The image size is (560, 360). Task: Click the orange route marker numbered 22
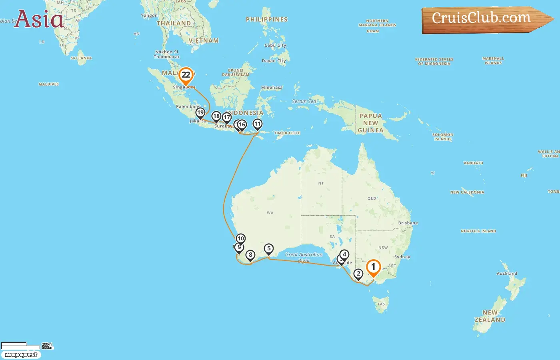[186, 75]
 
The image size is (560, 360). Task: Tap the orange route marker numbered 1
[373, 267]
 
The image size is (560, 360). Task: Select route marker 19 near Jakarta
[200, 113]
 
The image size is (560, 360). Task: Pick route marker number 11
[258, 124]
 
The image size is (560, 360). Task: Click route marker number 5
[269, 249]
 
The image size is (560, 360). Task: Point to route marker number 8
[250, 255]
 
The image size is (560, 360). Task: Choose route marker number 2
[358, 274]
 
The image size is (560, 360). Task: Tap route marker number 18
[216, 116]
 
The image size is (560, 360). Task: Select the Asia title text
[38, 19]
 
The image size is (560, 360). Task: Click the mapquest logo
[21, 355]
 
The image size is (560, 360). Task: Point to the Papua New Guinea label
[371, 123]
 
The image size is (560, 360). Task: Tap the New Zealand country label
[490, 316]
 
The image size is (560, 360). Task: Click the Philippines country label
[266, 19]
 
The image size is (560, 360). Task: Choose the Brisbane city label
[408, 223]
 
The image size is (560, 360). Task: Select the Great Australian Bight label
[304, 257]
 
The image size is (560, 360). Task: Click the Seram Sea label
[304, 101]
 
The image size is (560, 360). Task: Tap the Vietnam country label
[204, 40]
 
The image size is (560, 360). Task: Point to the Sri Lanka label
[81, 58]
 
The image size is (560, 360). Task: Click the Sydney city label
[402, 257]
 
